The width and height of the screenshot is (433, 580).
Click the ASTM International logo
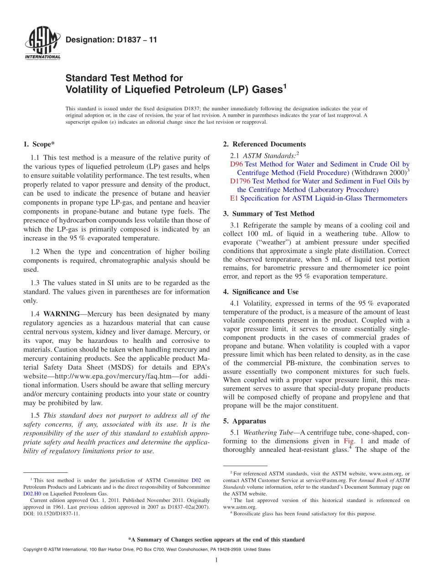click(x=42, y=44)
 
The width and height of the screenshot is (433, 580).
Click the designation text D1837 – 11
click(x=111, y=40)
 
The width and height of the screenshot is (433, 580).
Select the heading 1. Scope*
click(x=39, y=145)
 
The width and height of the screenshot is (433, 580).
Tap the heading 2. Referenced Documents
click(x=264, y=145)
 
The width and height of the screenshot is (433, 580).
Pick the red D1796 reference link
click(x=240, y=181)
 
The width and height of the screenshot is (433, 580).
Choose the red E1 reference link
click(x=234, y=198)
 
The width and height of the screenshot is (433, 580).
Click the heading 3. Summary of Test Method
click(x=269, y=214)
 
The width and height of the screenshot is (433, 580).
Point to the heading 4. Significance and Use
click(x=261, y=292)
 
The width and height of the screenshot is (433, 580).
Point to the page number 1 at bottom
click(x=216, y=560)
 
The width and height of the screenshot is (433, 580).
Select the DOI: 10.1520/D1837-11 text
click(x=51, y=514)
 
